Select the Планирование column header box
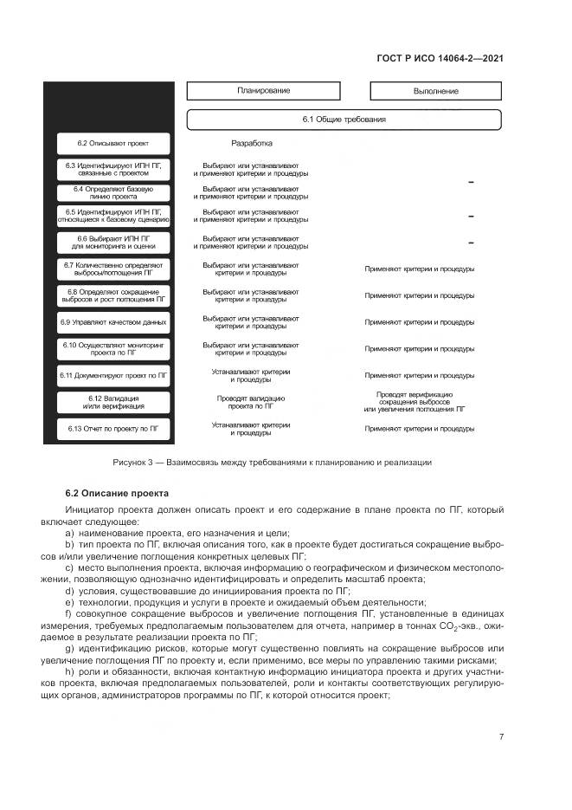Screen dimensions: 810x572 [x=264, y=91]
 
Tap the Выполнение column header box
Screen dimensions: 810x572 [x=435, y=91]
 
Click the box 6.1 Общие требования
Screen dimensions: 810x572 [x=344, y=119]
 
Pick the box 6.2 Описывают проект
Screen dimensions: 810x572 [x=112, y=143]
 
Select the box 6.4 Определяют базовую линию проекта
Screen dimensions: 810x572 [x=112, y=192]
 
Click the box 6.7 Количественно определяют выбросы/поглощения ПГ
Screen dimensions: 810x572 [x=112, y=269]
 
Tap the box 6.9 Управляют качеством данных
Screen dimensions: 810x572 [x=112, y=321]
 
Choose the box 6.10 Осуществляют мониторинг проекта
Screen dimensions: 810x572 [x=112, y=348]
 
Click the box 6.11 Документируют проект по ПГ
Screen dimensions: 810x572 [x=112, y=375]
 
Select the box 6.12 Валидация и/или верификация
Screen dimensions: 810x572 [x=112, y=402]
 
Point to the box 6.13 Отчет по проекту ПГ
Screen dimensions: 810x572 [x=112, y=428]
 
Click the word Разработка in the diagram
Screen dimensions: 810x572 [x=252, y=144]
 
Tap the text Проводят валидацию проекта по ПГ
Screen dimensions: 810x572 [x=251, y=402]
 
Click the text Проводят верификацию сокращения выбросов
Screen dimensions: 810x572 [x=420, y=401]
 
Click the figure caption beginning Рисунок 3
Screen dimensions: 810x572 [x=272, y=462]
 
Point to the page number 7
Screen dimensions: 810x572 [x=501, y=737]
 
